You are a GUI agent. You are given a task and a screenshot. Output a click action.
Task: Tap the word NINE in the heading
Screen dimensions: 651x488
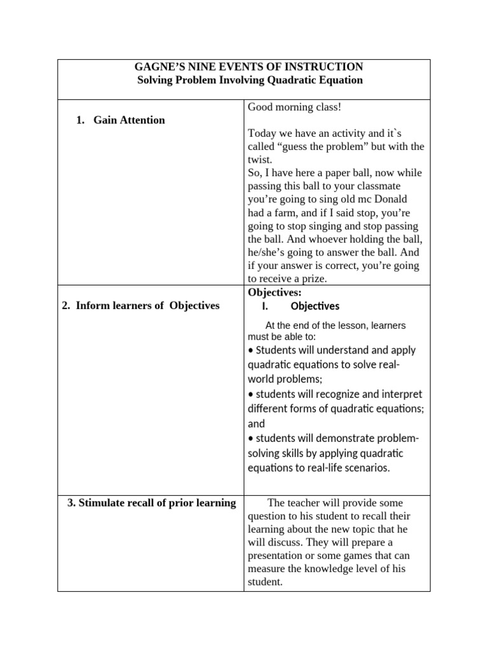point(204,67)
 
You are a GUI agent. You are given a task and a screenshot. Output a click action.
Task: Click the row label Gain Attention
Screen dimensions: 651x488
point(129,120)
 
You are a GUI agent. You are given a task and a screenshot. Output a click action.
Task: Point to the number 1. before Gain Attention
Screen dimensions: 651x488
point(81,120)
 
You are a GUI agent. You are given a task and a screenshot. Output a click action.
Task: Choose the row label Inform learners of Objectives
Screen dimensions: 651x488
point(140,306)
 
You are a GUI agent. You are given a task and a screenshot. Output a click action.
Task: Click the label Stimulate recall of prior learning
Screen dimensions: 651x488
point(151,504)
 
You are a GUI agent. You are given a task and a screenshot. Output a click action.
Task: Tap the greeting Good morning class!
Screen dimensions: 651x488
point(294,107)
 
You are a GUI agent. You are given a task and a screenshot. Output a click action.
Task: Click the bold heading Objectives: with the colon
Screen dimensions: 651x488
point(274,292)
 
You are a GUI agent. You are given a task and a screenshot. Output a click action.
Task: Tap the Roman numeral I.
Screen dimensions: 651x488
point(266,306)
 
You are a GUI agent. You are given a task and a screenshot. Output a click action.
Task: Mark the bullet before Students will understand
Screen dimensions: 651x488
point(250,350)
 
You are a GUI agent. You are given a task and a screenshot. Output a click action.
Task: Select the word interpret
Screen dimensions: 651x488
point(398,394)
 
